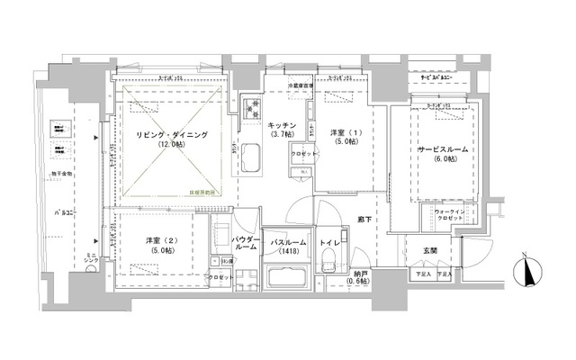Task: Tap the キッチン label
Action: click(x=278, y=126)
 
